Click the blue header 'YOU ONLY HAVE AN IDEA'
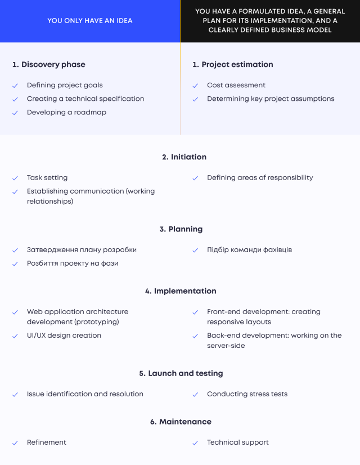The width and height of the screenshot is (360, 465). pyautogui.click(x=90, y=21)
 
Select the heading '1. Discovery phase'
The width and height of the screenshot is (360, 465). pyautogui.click(x=49, y=64)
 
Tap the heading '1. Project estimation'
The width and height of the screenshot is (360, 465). pyautogui.click(x=233, y=64)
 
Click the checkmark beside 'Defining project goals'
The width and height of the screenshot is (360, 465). pyautogui.click(x=15, y=86)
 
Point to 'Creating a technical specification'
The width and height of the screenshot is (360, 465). pyautogui.click(x=85, y=99)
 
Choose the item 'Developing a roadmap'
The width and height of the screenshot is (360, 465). pyautogui.click(x=67, y=113)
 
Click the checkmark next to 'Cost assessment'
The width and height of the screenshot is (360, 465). pyautogui.click(x=195, y=86)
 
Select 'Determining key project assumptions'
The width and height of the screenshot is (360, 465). pyautogui.click(x=271, y=99)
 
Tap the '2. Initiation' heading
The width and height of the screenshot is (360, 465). pyautogui.click(x=184, y=157)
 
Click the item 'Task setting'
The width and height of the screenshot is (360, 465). pyautogui.click(x=47, y=178)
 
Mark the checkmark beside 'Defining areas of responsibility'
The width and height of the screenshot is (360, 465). pyautogui.click(x=195, y=178)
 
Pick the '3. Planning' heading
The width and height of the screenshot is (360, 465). pyautogui.click(x=181, y=229)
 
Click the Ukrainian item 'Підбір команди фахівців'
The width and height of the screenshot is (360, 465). pyautogui.click(x=250, y=250)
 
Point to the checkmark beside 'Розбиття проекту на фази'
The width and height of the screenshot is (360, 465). pyautogui.click(x=15, y=264)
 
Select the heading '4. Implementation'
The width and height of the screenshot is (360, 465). pyautogui.click(x=181, y=291)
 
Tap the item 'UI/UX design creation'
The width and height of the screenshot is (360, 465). pyautogui.click(x=64, y=336)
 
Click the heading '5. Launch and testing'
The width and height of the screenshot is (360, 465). pyautogui.click(x=181, y=373)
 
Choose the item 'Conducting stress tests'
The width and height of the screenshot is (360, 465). pyautogui.click(x=247, y=394)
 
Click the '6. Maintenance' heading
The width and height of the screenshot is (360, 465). pyautogui.click(x=181, y=422)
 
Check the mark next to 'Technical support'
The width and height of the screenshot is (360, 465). pyautogui.click(x=195, y=443)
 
